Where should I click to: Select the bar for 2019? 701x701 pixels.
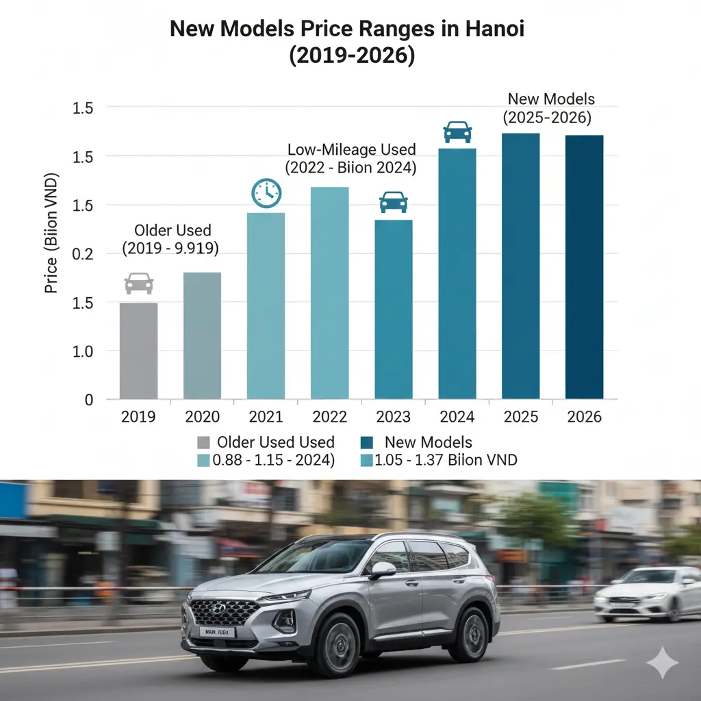(138, 350)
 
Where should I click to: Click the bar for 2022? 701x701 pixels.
(329, 293)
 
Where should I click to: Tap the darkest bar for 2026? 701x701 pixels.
(584, 267)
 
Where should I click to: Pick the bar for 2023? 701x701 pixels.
(393, 309)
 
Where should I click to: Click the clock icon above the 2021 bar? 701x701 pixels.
(266, 193)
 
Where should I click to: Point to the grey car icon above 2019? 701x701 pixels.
(139, 283)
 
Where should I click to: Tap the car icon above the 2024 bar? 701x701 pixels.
(457, 131)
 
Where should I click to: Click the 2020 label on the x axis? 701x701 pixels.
(203, 417)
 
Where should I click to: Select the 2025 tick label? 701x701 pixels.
(520, 417)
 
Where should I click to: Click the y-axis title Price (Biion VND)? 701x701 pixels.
(51, 233)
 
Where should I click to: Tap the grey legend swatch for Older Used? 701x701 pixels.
(203, 442)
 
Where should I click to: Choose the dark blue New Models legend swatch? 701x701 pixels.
(366, 442)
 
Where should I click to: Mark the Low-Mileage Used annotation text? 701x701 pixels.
(351, 150)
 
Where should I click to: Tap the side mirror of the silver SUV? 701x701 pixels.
(384, 570)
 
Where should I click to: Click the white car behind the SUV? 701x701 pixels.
(647, 594)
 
